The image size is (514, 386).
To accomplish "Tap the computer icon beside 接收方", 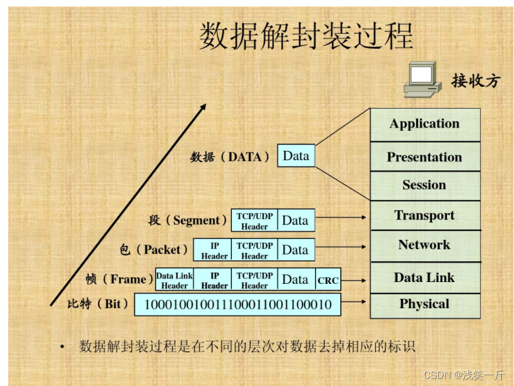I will [422, 80].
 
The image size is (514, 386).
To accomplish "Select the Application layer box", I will [424, 124].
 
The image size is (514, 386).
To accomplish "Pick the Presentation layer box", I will [424, 157].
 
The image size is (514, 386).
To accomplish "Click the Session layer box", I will [424, 185].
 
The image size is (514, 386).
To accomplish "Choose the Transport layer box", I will [424, 216].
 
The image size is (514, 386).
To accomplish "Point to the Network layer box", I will [424, 245].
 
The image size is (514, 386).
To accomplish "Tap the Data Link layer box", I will [424, 277].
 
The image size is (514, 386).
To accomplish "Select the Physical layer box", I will [424, 305].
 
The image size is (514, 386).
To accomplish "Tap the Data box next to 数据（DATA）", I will [296, 156].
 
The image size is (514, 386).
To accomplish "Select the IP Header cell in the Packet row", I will [214, 251].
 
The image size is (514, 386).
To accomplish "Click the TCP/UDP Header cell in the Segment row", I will [254, 221].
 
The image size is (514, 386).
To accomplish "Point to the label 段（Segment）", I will [188, 221].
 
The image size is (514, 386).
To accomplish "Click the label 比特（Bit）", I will [98, 305].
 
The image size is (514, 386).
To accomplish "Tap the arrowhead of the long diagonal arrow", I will [203, 107].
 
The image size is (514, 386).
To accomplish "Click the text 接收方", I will [475, 80].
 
